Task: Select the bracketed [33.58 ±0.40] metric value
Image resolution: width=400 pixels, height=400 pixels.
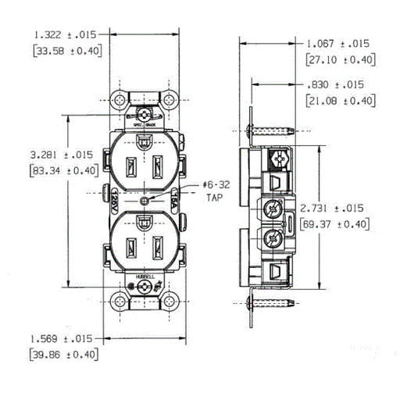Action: click(x=66, y=52)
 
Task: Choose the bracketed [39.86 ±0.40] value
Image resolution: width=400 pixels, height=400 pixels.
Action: click(x=63, y=355)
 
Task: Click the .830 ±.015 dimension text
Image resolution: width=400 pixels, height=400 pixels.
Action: click(x=338, y=84)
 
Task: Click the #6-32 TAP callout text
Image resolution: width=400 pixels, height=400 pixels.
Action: click(x=216, y=191)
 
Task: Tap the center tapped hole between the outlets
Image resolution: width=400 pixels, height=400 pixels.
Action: click(x=145, y=201)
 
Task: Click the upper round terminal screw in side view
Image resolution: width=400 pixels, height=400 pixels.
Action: click(x=273, y=209)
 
